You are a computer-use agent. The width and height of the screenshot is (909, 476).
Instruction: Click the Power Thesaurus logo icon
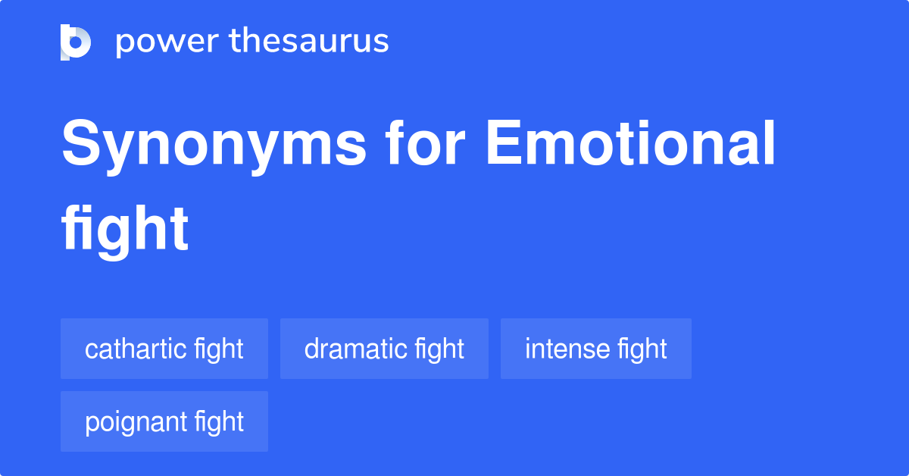click(76, 42)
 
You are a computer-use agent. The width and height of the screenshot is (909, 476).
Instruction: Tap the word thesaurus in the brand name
click(309, 42)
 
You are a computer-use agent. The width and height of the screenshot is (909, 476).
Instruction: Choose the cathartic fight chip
click(164, 349)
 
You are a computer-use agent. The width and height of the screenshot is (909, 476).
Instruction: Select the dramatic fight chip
click(384, 349)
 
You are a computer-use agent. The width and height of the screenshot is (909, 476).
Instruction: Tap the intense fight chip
click(595, 349)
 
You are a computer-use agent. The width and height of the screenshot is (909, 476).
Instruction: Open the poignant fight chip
click(164, 421)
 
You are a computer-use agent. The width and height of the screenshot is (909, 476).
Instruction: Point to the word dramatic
click(355, 349)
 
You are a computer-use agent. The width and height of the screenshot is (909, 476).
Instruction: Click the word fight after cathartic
click(219, 349)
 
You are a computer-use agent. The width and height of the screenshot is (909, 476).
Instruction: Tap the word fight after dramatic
click(439, 349)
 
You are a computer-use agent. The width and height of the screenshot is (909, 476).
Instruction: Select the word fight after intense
click(642, 349)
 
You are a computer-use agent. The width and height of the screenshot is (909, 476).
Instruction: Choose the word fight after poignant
click(219, 421)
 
